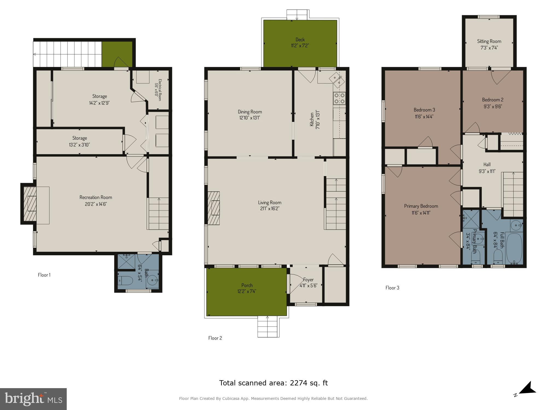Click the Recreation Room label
[96, 197]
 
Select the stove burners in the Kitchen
[339, 98]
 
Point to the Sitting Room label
[489, 41]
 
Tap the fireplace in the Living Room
[214, 208]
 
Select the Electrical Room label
[158, 90]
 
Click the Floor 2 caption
[215, 338]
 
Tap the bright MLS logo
[33, 399]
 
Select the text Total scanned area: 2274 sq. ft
[273, 383]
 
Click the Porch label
[247, 285]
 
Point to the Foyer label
[308, 280]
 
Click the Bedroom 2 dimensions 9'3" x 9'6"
[493, 107]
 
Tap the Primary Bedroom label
[421, 206]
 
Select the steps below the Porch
[268, 327]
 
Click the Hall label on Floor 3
[487, 165]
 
